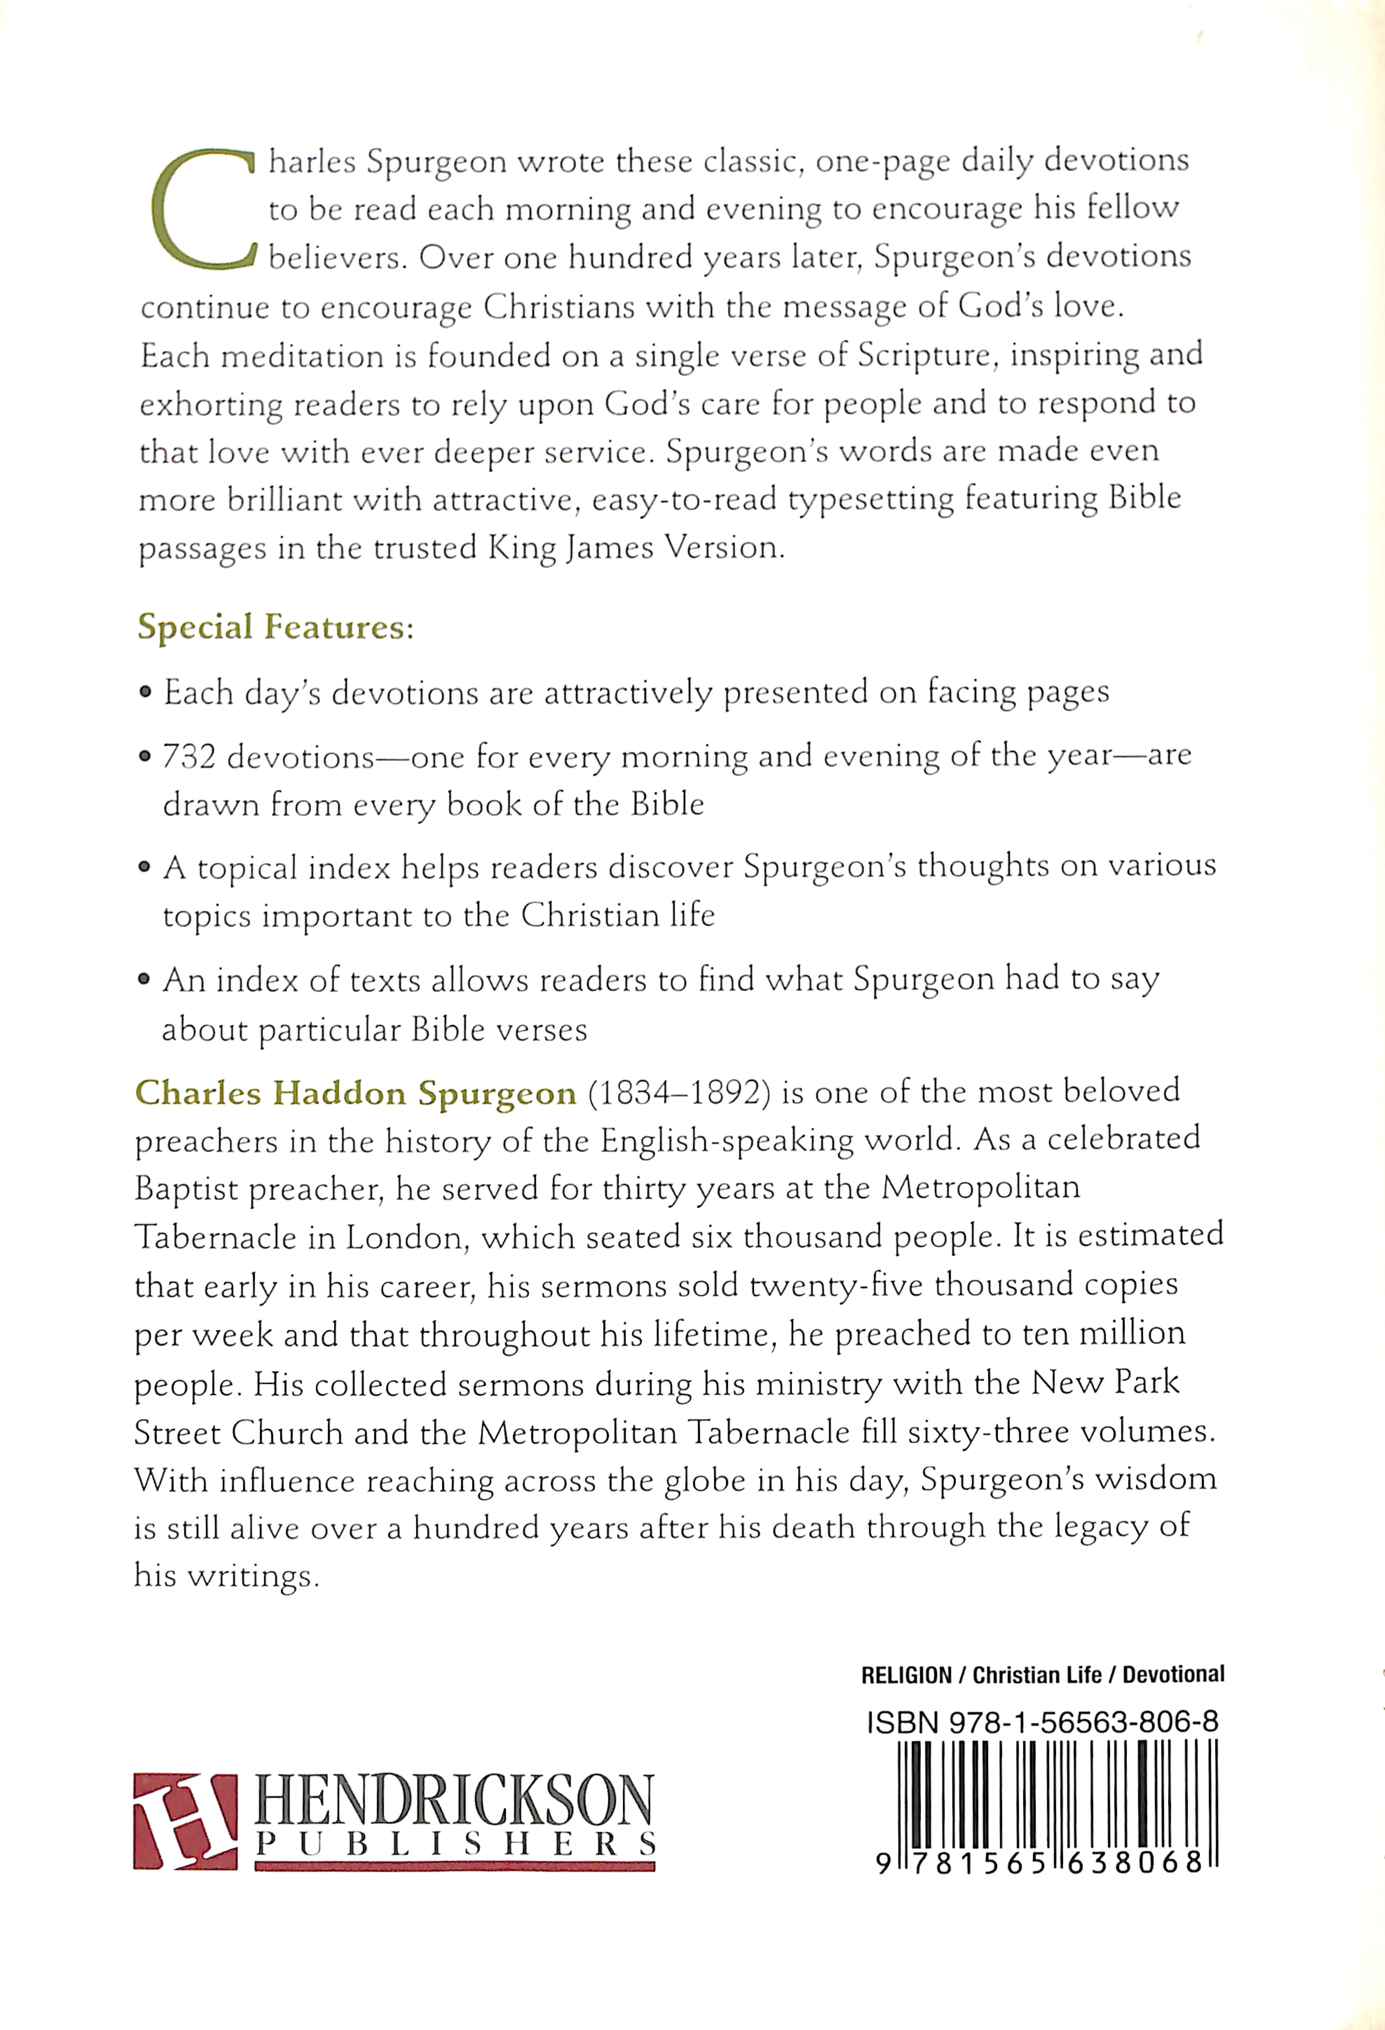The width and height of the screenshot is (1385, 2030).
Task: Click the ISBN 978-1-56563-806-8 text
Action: pyautogui.click(x=1042, y=1723)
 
